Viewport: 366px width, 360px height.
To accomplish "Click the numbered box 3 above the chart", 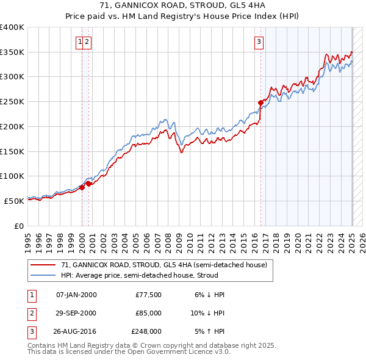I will pyautogui.click(x=259, y=42).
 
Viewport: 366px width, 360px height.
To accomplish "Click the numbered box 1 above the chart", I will pyautogui.click(x=80, y=42).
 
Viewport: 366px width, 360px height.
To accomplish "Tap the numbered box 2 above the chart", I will pyautogui.click(x=87, y=42).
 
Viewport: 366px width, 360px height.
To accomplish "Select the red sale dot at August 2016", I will pyautogui.click(x=260, y=103).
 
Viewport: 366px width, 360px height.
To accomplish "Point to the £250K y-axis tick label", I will pyautogui.click(x=12, y=102).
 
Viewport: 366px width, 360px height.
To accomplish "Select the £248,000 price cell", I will pyautogui.click(x=146, y=331).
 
